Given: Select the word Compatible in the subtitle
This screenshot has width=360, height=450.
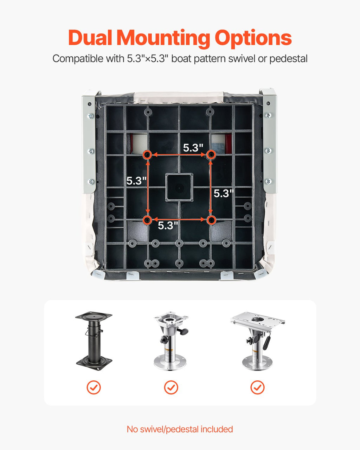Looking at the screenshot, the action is coord(78,59).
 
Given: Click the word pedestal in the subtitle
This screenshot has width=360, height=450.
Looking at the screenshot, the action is coord(288,59).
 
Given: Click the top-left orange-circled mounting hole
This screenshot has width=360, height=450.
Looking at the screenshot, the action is coord(147,155).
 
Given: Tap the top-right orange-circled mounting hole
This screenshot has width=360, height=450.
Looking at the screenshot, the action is coord(211,155).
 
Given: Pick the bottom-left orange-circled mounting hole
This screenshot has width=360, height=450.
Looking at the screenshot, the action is coord(147,220).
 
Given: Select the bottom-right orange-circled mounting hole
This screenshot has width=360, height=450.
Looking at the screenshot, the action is coord(211,220).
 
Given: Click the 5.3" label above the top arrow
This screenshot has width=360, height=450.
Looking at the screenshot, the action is coord(193,148).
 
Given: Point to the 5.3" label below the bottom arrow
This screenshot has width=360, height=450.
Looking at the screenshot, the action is coord(168,225).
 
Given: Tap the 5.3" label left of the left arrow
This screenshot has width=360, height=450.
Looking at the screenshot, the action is coord(136,181).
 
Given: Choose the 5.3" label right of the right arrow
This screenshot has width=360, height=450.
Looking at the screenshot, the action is coord(224,193).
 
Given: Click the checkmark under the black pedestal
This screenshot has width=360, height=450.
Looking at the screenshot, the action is coord(94,388).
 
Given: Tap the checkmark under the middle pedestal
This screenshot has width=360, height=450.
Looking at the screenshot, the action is coord(171,388).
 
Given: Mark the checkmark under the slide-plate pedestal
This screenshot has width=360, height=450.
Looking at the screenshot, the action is coord(257,388).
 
